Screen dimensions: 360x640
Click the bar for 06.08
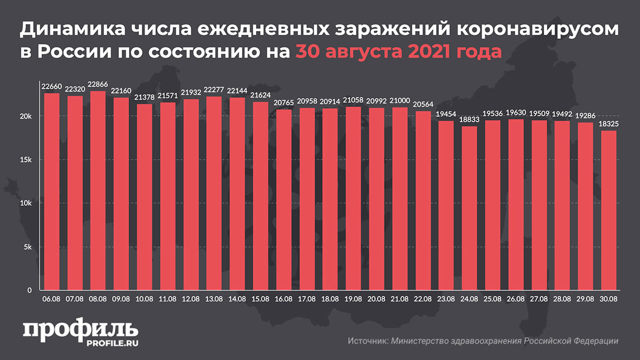[52, 192]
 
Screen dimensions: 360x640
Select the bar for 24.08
[469, 208]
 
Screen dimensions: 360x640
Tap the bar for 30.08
[609, 211]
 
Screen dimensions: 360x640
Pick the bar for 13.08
[214, 193]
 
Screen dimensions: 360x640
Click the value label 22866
[98, 85]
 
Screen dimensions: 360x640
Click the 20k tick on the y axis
[27, 116]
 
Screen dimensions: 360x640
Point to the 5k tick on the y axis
[29, 247]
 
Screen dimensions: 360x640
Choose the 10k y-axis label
[27, 203]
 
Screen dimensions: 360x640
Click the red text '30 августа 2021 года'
[399, 53]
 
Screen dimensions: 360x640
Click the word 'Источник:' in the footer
[367, 341]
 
